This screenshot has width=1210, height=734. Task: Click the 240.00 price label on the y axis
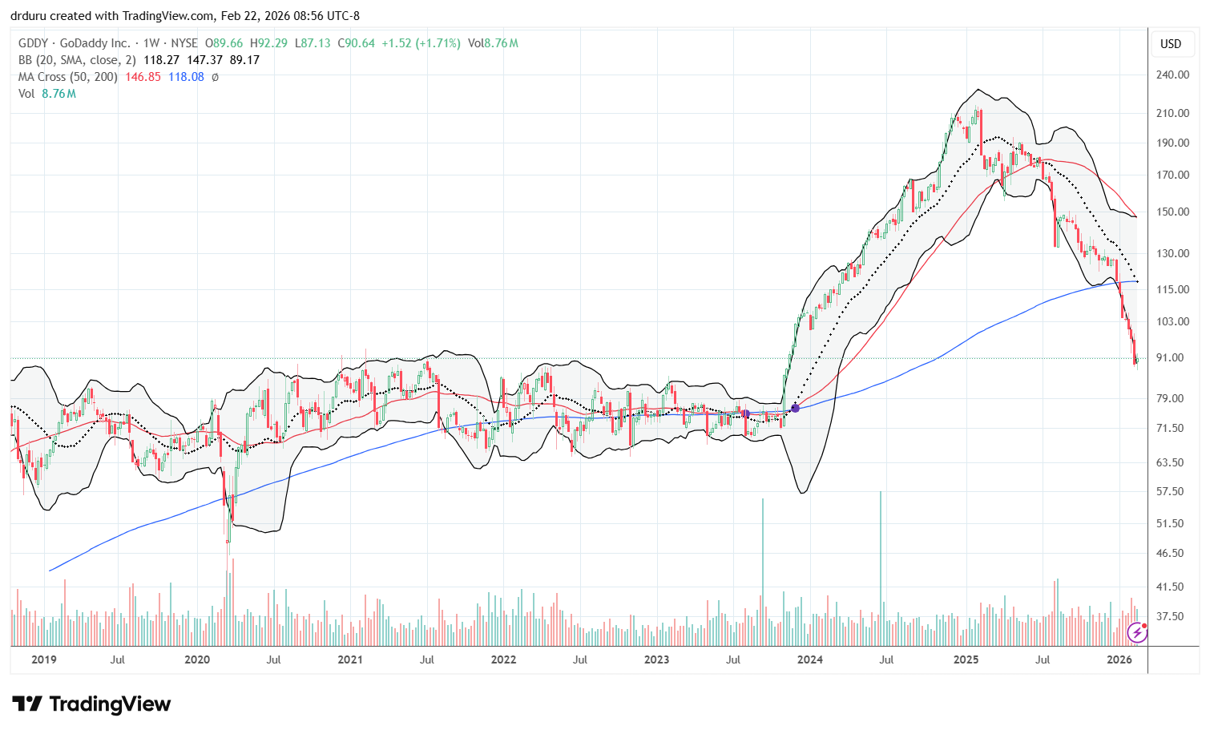1172,75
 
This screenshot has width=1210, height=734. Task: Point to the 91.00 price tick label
1172,357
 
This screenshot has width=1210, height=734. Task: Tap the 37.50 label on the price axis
1172,616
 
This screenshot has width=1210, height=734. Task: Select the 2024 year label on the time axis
809,659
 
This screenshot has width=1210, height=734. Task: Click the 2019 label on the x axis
43,659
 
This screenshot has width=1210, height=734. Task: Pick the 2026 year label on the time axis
1119,659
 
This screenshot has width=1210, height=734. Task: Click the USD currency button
1171,44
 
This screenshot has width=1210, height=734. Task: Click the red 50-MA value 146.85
143,77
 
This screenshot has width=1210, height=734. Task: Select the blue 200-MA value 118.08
186,77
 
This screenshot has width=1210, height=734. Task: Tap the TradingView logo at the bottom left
91,704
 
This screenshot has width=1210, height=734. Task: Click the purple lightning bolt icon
1136,633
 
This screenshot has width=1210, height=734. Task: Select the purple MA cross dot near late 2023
795,408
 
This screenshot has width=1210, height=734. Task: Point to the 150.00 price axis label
1172,212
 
